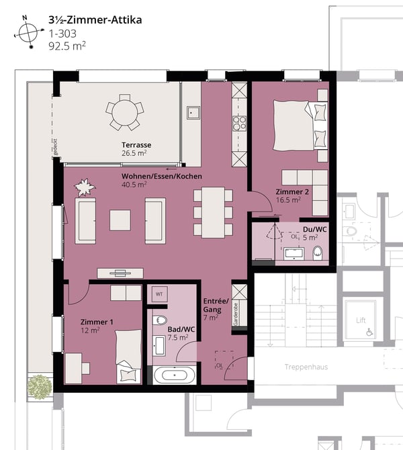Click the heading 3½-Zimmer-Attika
(94, 19)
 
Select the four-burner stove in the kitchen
(239, 124)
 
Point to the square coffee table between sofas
(120, 220)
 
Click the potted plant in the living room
(85, 187)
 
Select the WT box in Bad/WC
(160, 294)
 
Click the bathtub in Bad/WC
(175, 375)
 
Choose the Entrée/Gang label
(215, 308)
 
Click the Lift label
(361, 320)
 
